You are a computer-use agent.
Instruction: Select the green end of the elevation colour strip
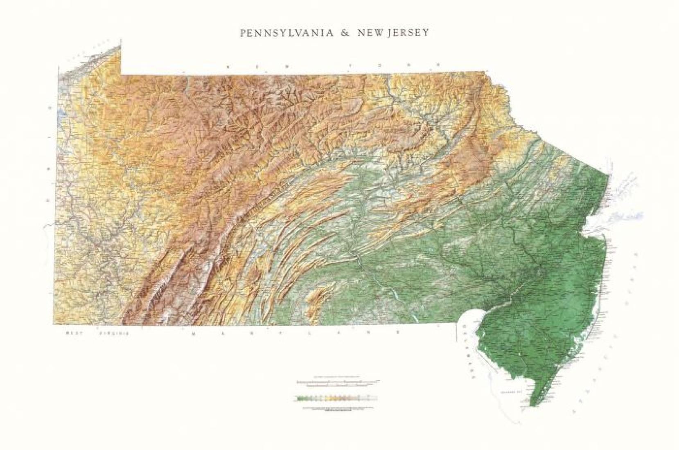301,397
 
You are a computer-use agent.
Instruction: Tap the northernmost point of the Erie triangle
121,40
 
